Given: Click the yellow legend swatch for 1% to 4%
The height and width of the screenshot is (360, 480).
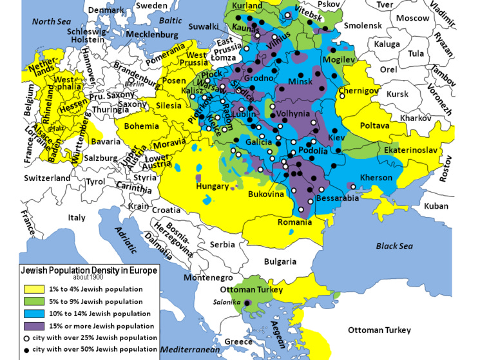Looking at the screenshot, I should [x=32, y=289].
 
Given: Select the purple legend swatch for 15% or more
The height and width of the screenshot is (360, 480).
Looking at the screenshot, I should [x=32, y=325].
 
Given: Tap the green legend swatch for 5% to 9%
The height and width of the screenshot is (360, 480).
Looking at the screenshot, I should [x=32, y=301].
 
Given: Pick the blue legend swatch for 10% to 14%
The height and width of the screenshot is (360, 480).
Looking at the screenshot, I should [x=32, y=313].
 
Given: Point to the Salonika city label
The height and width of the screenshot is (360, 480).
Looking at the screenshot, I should [x=227, y=303].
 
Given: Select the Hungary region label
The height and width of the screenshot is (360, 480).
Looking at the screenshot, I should [x=212, y=186].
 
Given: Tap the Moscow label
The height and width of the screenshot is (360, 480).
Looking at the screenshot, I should [x=412, y=18].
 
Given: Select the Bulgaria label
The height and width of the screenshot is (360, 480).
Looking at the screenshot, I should [x=280, y=261].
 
